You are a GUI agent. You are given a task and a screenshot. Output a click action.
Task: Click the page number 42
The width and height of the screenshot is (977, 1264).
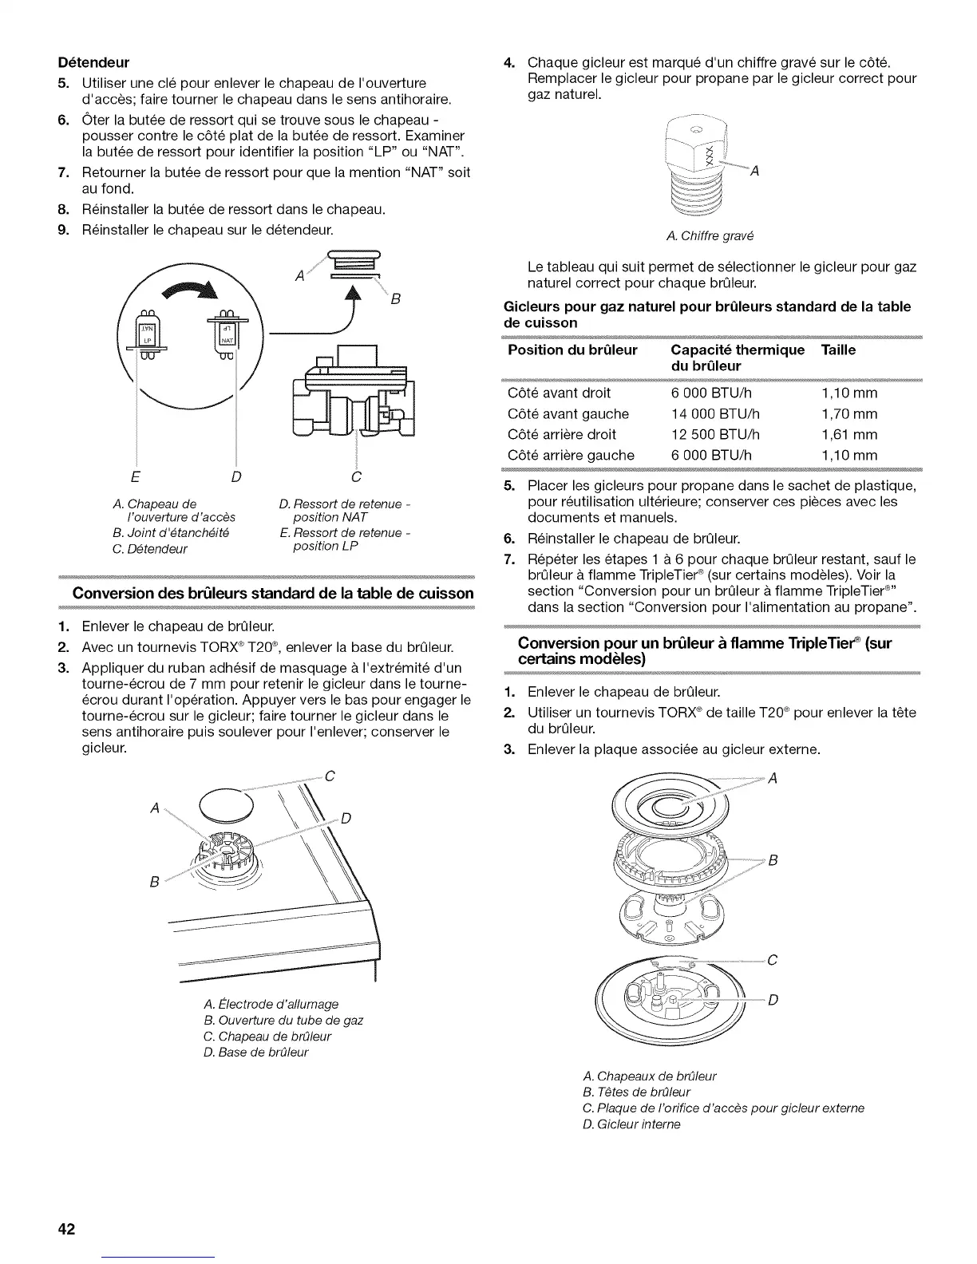click(65, 1229)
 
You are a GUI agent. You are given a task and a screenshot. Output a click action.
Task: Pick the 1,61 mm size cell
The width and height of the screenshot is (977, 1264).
click(848, 434)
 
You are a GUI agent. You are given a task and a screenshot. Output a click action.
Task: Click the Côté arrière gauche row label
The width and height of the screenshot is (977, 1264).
click(571, 455)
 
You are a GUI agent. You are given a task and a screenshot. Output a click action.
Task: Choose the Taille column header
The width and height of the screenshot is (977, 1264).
click(838, 350)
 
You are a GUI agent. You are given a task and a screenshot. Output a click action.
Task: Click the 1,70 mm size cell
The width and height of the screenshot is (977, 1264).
click(848, 413)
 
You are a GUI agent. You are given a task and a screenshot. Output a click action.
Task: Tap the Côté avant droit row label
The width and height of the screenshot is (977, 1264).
click(559, 393)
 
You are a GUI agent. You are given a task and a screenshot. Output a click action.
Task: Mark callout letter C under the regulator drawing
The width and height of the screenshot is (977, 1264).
click(356, 477)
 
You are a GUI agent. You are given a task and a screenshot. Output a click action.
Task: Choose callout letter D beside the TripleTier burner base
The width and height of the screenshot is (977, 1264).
click(772, 1000)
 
